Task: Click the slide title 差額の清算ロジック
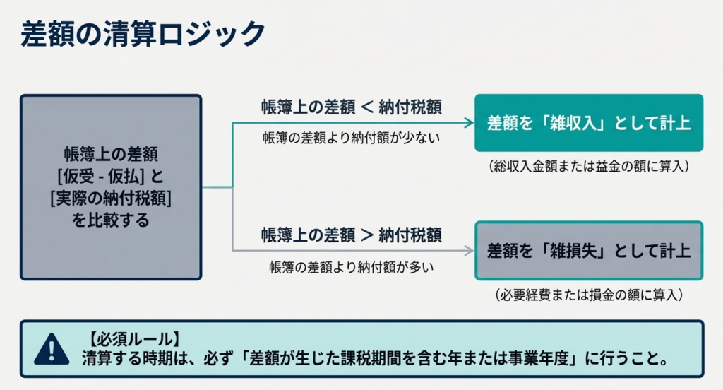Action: point(143,34)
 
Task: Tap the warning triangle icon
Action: point(52,350)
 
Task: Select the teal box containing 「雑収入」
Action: point(589,123)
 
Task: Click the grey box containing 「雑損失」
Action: point(589,251)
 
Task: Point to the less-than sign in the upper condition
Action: point(367,107)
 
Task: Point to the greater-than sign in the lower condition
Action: point(367,235)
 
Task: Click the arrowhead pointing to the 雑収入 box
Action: point(469,123)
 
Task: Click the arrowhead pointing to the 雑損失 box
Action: point(469,251)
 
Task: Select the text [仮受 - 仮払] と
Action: point(111,176)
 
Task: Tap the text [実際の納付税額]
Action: point(111,198)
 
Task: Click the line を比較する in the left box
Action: point(111,220)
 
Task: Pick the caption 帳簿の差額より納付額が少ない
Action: point(352,138)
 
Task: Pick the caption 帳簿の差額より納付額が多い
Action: point(352,267)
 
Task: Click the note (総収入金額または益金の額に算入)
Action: point(589,166)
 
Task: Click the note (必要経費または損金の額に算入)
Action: point(589,295)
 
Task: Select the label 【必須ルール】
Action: point(134,339)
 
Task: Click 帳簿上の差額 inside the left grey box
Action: point(111,154)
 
